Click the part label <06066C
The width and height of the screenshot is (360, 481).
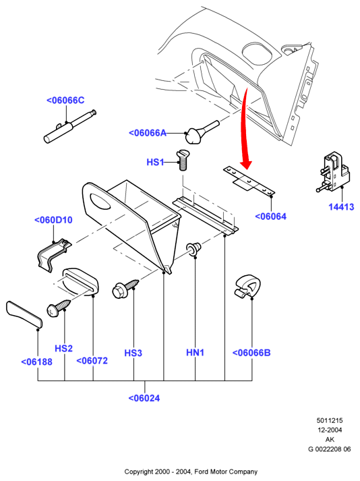(65, 101)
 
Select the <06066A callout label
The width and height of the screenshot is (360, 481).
(148, 133)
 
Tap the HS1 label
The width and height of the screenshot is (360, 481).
(155, 162)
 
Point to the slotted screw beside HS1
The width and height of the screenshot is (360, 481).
(183, 160)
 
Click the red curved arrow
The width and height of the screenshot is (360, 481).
(245, 129)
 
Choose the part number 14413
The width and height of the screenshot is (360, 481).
(341, 207)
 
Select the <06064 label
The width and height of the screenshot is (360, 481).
(271, 217)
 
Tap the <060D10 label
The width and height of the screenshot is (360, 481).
(53, 220)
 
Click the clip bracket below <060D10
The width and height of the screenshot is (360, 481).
(52, 254)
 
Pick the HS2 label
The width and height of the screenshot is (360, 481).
(64, 349)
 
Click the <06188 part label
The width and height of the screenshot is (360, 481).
(37, 362)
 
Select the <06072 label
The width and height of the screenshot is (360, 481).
(92, 361)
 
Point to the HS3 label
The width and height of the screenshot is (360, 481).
(133, 353)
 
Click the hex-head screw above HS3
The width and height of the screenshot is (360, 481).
(125, 289)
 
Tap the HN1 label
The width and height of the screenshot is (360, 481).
(195, 353)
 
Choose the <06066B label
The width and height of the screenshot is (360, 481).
(251, 353)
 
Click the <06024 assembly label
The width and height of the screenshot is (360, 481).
(144, 398)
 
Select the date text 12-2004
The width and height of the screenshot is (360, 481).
(330, 430)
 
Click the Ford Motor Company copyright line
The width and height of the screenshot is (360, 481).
(191, 472)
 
